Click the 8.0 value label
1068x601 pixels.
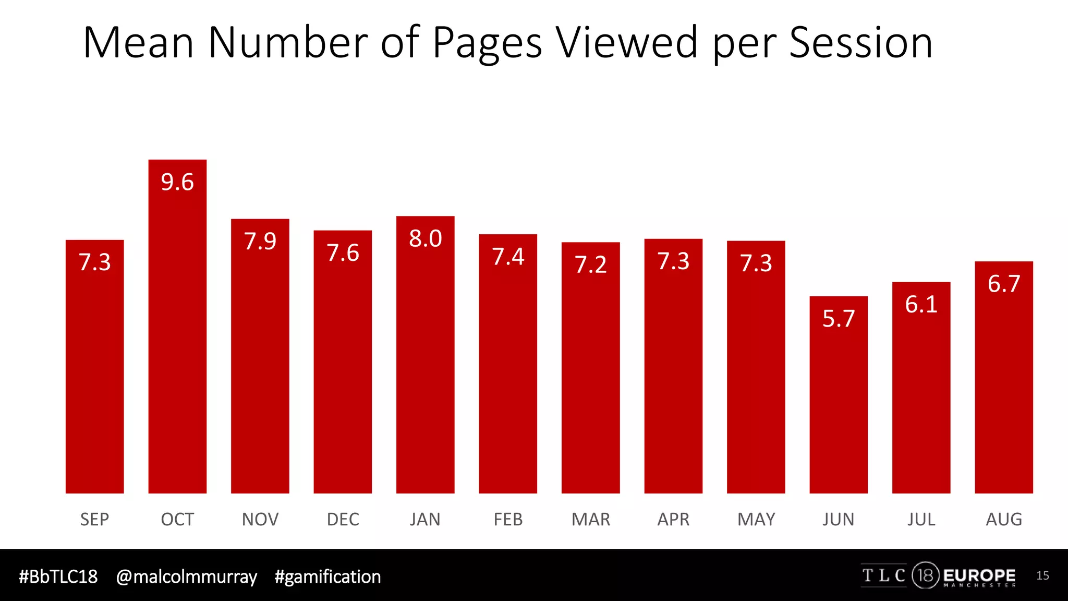coord(426,239)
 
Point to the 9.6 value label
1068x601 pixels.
coord(177,182)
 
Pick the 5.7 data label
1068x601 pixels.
coord(839,319)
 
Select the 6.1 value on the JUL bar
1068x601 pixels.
coord(921,305)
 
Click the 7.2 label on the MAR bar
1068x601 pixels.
coord(590,265)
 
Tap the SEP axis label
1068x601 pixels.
coord(94,520)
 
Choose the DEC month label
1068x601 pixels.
coord(343,520)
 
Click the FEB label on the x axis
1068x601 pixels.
coord(508,520)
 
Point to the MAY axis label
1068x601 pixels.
coord(756,520)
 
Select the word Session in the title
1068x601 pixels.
coord(860,43)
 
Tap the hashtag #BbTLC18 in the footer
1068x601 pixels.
coord(58,576)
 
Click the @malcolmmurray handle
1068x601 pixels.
coord(186,577)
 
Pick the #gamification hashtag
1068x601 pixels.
coord(327,577)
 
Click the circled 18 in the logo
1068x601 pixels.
coord(925,575)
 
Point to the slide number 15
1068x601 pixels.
coord(1042,575)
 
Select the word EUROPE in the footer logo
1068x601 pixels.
coord(979,575)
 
